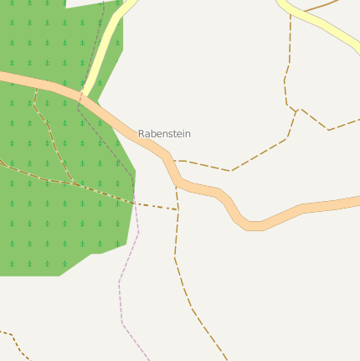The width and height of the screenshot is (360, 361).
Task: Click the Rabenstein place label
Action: (164, 133)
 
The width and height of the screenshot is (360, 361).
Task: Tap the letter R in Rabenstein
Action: (141, 133)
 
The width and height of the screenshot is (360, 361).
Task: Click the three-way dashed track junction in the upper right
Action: (297, 109)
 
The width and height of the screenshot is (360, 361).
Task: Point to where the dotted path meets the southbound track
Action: (177, 209)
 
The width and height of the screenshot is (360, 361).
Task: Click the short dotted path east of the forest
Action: (156, 205)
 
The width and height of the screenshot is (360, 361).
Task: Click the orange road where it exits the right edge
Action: (355, 201)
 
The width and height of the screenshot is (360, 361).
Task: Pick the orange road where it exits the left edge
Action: (4, 77)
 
